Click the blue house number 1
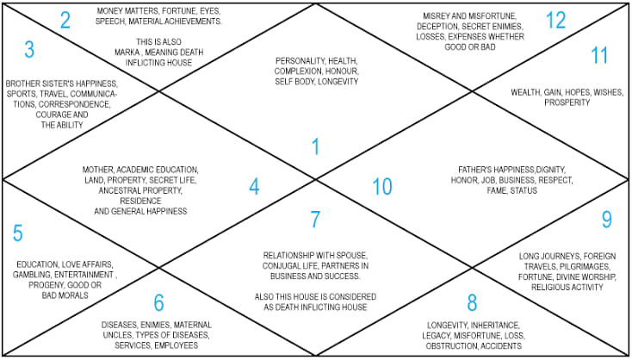(x=316, y=146)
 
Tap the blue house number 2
(x=65, y=20)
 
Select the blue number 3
(x=29, y=50)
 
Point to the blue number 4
(x=254, y=187)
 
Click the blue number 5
(x=18, y=233)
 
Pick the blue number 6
(x=158, y=303)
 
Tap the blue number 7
(x=315, y=220)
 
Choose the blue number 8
(x=472, y=303)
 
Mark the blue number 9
(x=607, y=220)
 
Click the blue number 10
(x=382, y=187)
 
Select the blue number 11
(x=599, y=55)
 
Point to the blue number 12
(x=556, y=20)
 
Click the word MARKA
(x=127, y=53)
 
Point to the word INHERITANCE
(x=495, y=325)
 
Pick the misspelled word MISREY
(x=436, y=16)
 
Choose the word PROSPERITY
(x=567, y=102)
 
